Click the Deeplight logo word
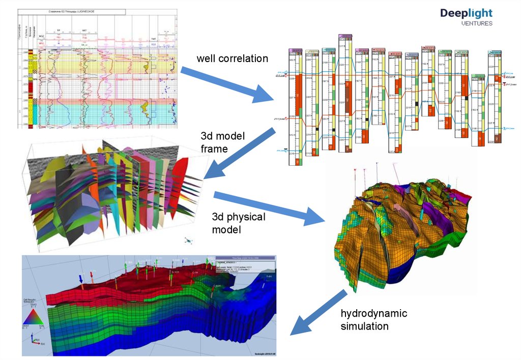coord(467,13)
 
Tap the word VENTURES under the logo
coord(476,23)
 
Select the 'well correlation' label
coord(233,58)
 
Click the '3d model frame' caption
coord(222,142)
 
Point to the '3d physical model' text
coord(239,223)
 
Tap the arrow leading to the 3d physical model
coord(270,208)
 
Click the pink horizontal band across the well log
coord(102,101)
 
